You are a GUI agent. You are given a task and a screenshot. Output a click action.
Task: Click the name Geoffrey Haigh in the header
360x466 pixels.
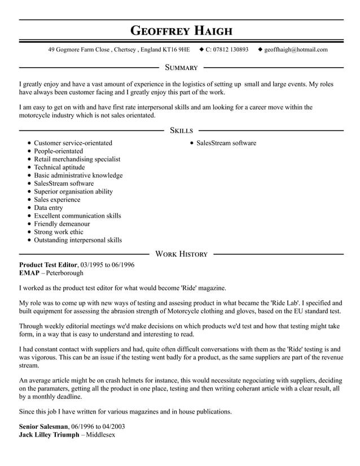pos(181,30)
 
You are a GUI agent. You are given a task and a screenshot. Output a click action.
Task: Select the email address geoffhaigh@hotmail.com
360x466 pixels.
pos(296,50)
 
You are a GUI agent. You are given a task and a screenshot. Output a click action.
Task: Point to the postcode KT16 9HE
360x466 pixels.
pos(176,50)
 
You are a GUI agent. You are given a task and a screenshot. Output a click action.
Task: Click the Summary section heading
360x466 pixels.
pos(181,68)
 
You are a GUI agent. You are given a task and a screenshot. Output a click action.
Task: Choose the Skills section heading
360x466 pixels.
pos(181,130)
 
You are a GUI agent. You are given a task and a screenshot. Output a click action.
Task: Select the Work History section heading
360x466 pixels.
pos(181,254)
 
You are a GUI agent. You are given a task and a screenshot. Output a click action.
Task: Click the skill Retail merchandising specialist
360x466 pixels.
pos(77,159)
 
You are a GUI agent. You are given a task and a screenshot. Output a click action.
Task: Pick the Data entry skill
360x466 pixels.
pos(49,208)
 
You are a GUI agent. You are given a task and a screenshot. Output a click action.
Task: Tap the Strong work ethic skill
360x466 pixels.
pos(58,232)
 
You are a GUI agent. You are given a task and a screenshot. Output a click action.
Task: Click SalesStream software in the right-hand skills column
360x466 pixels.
pos(226,143)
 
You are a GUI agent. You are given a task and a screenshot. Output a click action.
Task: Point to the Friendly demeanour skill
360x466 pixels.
pos(62,224)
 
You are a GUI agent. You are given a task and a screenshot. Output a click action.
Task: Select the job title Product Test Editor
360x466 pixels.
pos(48,265)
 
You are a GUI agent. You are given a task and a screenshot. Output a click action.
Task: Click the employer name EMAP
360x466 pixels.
pos(29,273)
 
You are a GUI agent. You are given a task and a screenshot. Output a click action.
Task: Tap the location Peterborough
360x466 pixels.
pos(64,273)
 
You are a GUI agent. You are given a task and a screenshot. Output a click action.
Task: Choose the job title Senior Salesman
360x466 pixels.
pos(44,427)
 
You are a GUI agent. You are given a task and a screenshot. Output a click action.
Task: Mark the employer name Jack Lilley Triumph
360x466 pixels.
pos(49,436)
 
